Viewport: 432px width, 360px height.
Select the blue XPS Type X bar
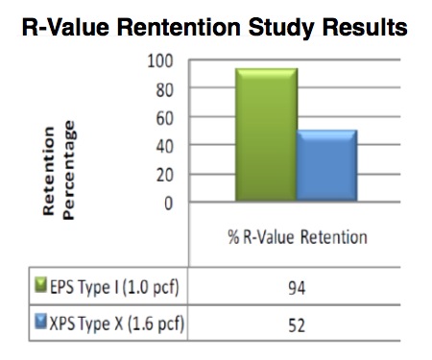tap(326, 165)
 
